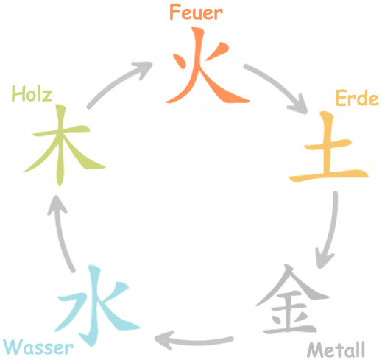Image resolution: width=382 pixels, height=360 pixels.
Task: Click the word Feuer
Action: [197, 13]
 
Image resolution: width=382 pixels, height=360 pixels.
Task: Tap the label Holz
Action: [32, 93]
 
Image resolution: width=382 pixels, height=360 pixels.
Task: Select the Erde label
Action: [357, 98]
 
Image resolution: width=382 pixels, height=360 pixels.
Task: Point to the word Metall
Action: [336, 350]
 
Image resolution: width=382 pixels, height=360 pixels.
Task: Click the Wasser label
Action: [38, 347]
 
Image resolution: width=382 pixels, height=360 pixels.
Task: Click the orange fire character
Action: [200, 66]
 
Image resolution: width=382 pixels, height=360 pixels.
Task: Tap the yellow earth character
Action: [329, 147]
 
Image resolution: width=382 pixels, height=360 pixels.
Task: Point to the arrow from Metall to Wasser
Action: [194, 342]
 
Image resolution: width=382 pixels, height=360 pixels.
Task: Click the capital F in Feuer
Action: [175, 13]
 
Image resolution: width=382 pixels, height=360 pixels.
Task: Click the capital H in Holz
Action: [18, 93]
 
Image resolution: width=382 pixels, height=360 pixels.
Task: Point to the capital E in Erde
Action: [340, 98]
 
